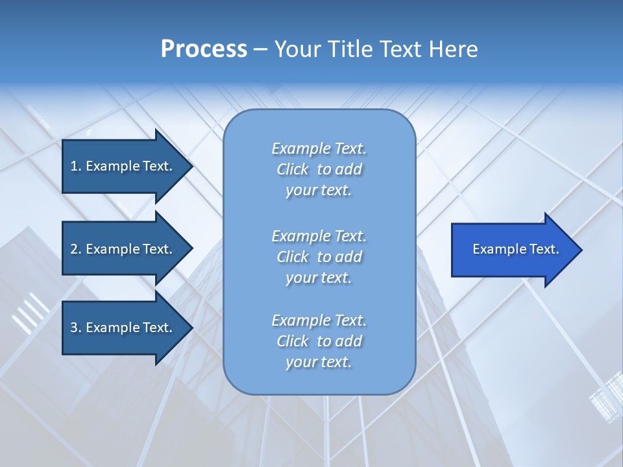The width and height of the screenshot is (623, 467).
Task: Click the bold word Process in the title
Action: (x=204, y=49)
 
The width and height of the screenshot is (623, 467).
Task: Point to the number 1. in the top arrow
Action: (x=76, y=166)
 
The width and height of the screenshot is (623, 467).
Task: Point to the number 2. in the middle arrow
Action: (x=76, y=249)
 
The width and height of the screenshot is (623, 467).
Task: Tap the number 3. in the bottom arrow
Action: (x=76, y=328)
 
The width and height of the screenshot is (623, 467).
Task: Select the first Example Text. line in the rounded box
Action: (x=319, y=149)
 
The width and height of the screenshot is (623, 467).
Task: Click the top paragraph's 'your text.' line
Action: (x=319, y=190)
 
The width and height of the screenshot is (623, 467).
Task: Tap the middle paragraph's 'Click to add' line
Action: (x=319, y=257)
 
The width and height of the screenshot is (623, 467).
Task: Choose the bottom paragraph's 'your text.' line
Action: (x=319, y=362)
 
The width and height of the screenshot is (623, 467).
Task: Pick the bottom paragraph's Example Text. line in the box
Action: (x=319, y=320)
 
